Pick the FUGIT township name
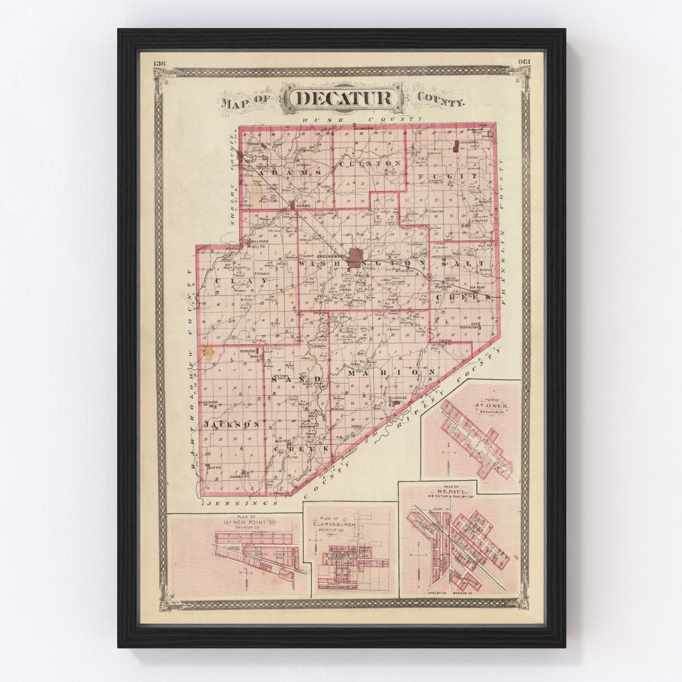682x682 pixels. (447, 176)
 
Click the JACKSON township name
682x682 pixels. (232, 425)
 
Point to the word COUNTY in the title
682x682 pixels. (441, 100)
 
